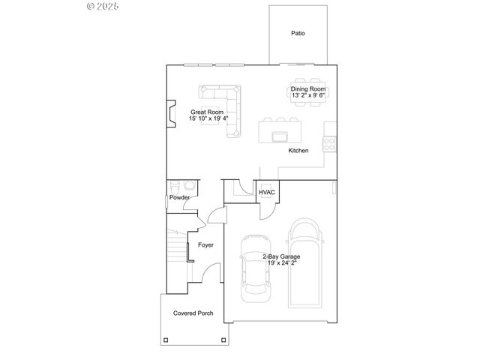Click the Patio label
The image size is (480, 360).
(x=298, y=33)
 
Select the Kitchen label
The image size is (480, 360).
(x=298, y=151)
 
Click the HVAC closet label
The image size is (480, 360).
(x=267, y=193)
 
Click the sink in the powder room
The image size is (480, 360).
(x=189, y=184)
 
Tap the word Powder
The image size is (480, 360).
(x=178, y=198)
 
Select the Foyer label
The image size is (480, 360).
(x=205, y=245)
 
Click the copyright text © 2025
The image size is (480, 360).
(x=104, y=6)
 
